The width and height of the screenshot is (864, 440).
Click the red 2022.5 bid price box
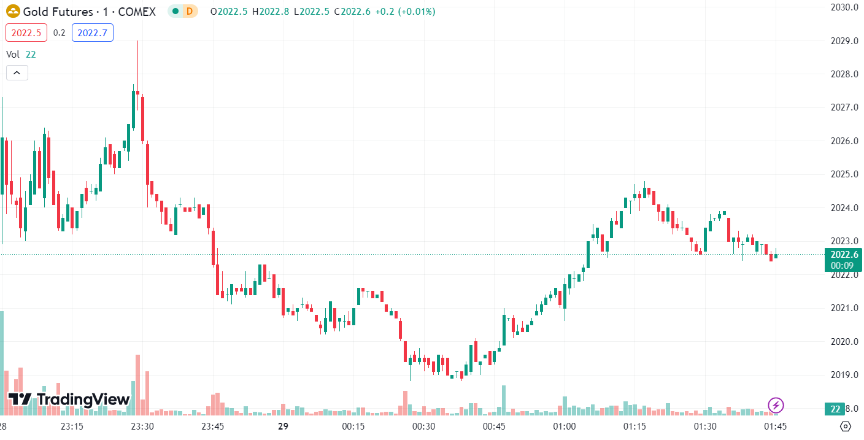26,33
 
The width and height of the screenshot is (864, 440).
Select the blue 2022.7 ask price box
92,33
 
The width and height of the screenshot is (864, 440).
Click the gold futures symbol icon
12,12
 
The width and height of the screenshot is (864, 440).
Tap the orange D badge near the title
190,12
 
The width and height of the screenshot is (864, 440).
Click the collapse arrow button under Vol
17,73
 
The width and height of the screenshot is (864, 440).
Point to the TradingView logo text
83,400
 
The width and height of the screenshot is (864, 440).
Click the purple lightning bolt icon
776,404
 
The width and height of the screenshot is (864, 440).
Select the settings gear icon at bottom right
846,426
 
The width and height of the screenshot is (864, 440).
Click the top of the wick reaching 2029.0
137,41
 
